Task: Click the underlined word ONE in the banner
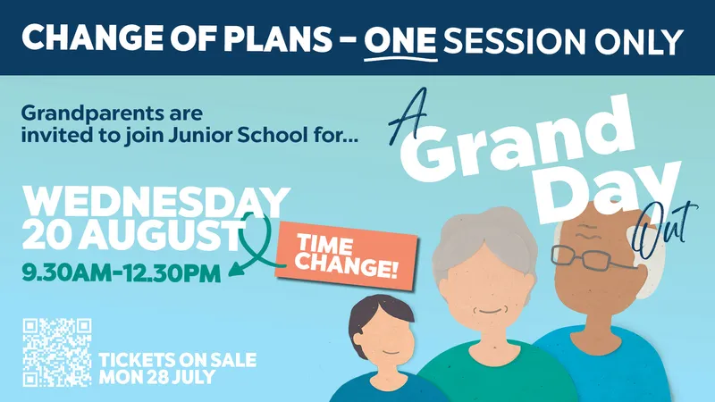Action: [400, 39]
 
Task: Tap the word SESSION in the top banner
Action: [514, 40]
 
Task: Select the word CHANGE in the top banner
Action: [92, 38]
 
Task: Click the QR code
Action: [57, 352]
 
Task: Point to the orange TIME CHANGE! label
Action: [347, 256]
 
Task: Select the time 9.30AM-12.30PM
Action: [122, 273]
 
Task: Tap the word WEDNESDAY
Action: [156, 203]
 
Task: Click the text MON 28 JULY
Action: [157, 377]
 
